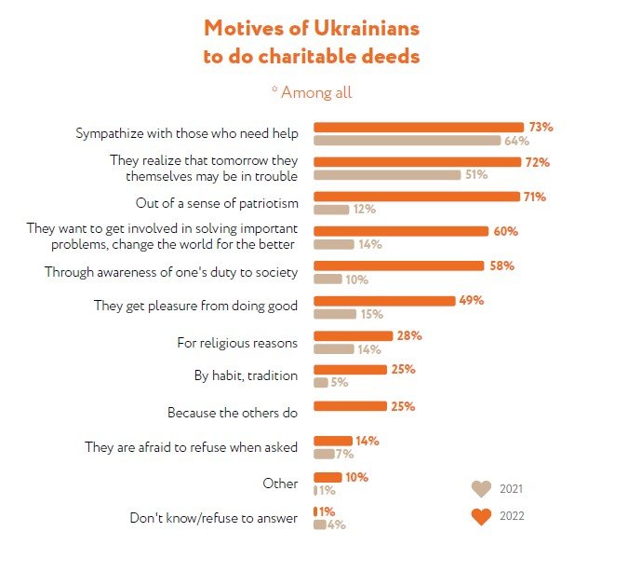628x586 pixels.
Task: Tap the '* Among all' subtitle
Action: click(x=312, y=92)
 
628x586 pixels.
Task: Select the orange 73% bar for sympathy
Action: click(x=419, y=127)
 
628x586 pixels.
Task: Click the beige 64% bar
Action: click(x=408, y=141)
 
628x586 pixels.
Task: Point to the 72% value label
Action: click(x=538, y=162)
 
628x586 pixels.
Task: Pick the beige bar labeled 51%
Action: click(x=387, y=175)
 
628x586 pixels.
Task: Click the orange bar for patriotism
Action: click(x=416, y=197)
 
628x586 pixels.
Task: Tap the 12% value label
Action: click(x=364, y=210)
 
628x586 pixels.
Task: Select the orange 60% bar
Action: click(x=401, y=231)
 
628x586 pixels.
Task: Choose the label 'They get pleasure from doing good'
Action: click(x=195, y=306)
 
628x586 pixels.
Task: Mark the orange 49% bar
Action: click(x=384, y=300)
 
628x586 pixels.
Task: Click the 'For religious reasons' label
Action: click(x=237, y=342)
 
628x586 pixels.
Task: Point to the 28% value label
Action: click(x=409, y=335)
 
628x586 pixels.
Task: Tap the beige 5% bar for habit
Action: click(x=321, y=382)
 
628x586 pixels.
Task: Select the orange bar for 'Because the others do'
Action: click(x=350, y=406)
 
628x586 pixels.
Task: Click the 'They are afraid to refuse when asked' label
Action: click(x=191, y=447)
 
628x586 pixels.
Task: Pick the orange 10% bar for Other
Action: click(x=327, y=477)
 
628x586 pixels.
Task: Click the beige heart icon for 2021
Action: click(x=481, y=488)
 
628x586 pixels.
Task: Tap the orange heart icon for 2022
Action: click(x=481, y=517)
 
